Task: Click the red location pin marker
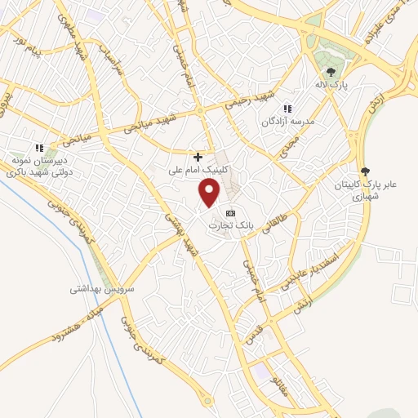tap(210, 193)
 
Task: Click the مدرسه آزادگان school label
tap(287, 121)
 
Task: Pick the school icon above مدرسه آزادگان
tap(287, 109)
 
